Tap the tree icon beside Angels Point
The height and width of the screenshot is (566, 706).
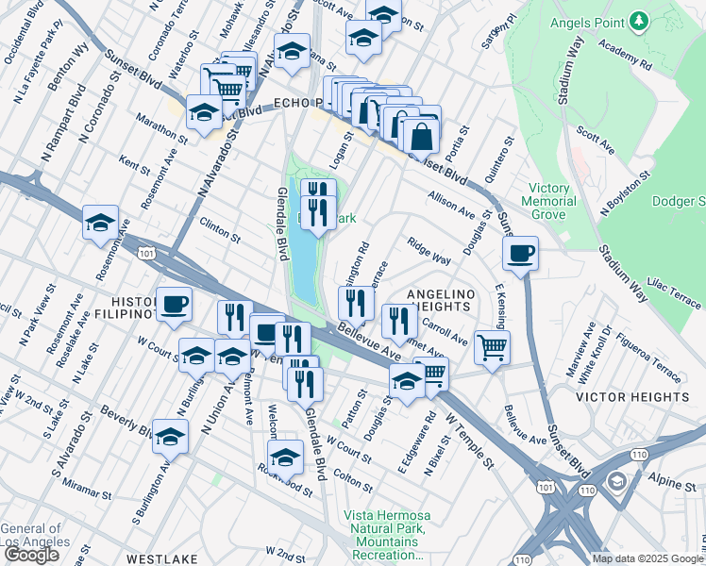coord(639,19)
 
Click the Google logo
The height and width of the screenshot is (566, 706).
coord(31,555)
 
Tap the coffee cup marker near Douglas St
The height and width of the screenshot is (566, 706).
coord(520,253)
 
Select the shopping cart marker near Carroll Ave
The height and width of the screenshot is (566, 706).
coord(492,346)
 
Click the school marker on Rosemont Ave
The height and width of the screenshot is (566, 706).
coord(100,224)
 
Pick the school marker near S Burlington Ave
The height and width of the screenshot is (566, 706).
coord(171,438)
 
